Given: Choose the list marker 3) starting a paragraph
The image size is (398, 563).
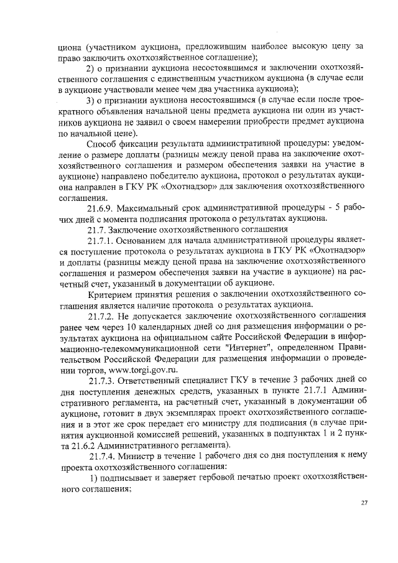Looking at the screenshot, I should [91, 100].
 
